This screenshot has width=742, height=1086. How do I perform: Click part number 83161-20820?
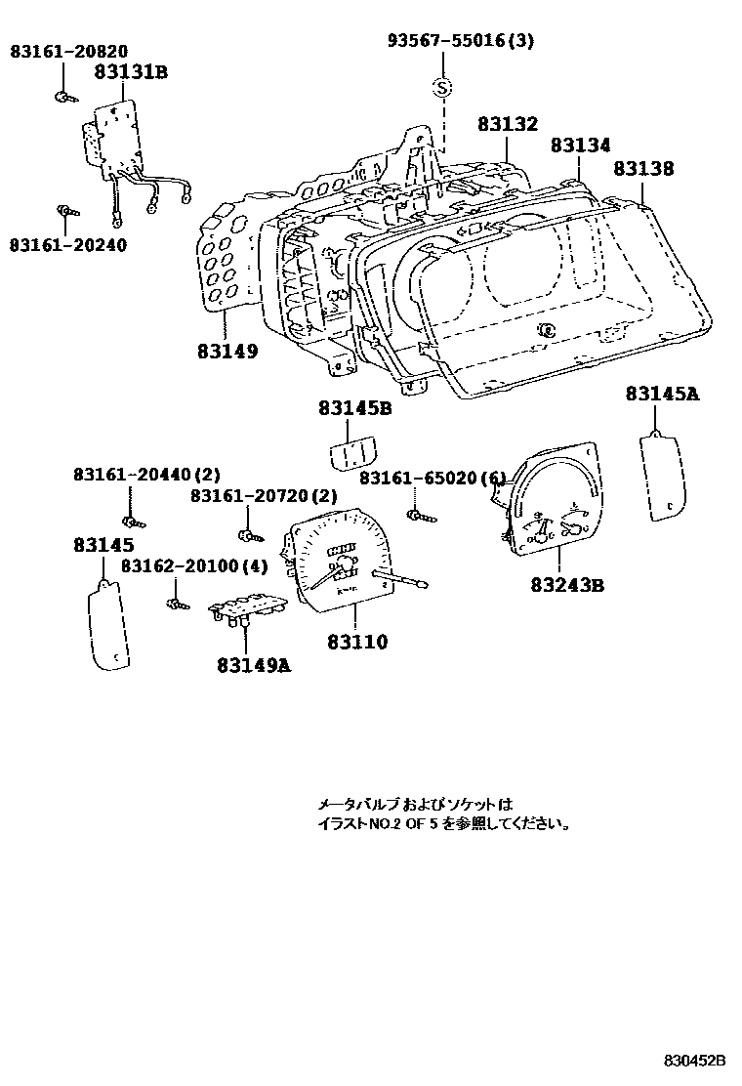click(x=68, y=51)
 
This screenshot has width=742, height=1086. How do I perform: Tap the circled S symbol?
click(x=441, y=88)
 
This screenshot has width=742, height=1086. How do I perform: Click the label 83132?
click(x=508, y=124)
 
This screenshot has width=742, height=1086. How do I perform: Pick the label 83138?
click(x=643, y=168)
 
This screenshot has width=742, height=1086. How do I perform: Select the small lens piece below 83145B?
click(x=352, y=454)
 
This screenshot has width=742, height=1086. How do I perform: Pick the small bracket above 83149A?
click(x=246, y=609)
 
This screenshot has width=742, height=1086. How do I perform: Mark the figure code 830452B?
click(x=696, y=1060)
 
